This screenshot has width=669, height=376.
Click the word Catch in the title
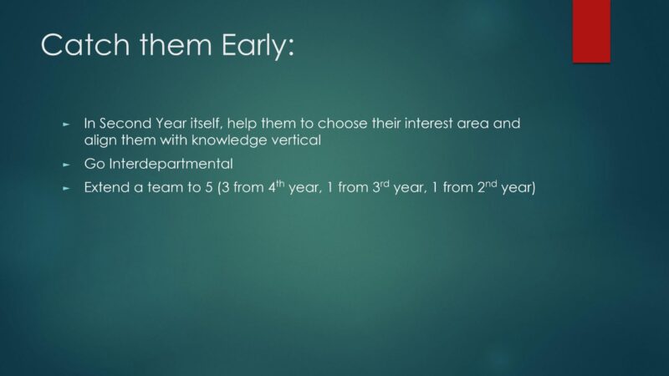point(85,45)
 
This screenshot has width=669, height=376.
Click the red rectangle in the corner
point(591,31)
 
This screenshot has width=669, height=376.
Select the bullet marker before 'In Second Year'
point(66,124)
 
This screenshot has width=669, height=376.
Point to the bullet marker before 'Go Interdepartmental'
point(66,165)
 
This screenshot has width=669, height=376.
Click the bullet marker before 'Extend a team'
point(66,188)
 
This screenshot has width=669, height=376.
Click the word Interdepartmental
point(171,164)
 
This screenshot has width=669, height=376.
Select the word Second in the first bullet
point(125,124)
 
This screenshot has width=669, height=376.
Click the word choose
point(342,124)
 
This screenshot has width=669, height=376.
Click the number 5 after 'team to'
point(208,187)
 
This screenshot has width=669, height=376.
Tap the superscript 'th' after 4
point(280,184)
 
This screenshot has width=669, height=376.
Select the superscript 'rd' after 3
point(385,184)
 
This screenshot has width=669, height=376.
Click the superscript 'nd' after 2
point(491,184)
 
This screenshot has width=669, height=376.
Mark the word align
point(100,140)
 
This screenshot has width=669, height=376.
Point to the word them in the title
point(176,45)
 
